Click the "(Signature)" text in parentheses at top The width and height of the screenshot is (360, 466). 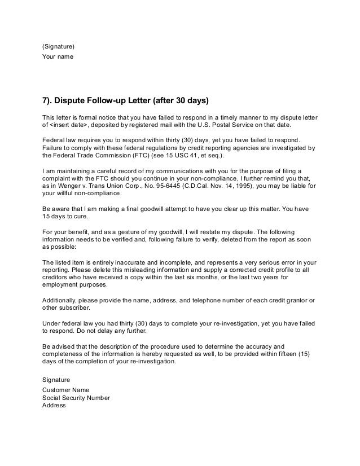[58, 46]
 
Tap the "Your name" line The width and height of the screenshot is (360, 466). [58, 56]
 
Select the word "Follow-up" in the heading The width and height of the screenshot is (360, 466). [115, 102]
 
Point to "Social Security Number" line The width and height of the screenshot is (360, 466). [80, 397]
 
